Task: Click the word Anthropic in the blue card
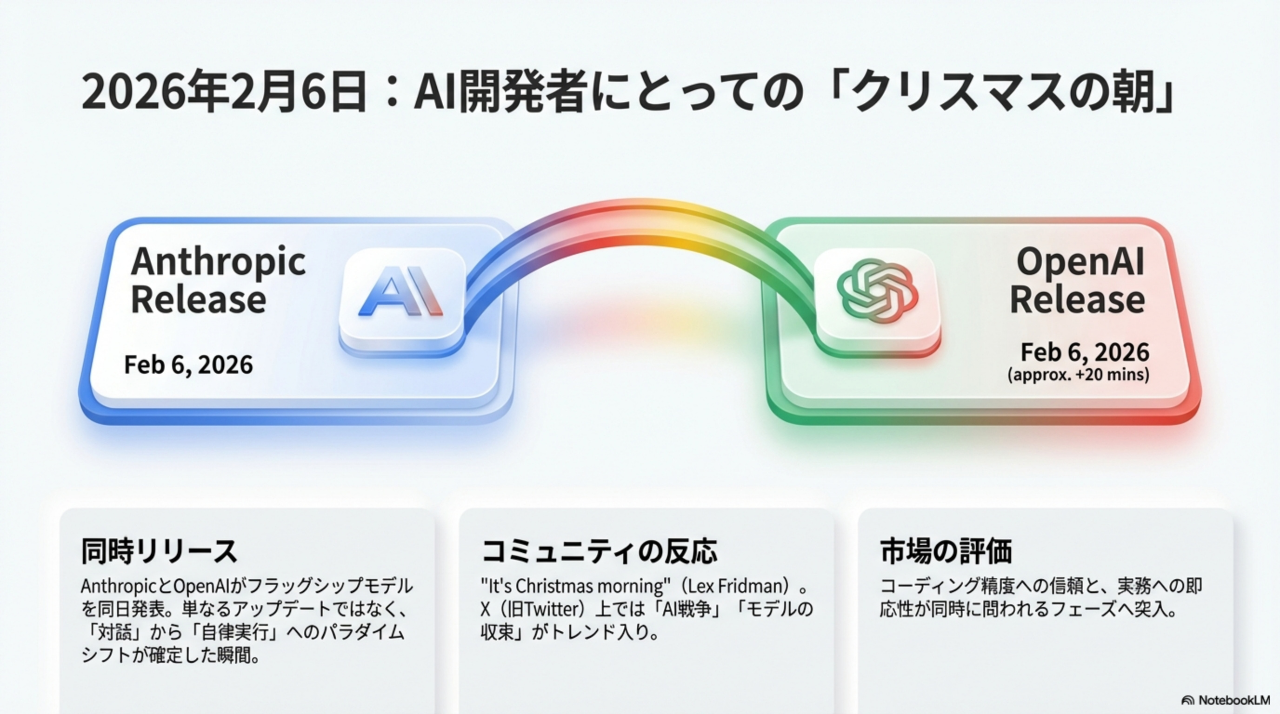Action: pyautogui.click(x=218, y=262)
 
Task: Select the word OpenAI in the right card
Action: pyautogui.click(x=1080, y=261)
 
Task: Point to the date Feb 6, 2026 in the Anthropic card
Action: pyautogui.click(x=188, y=365)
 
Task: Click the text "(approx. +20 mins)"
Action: pyautogui.click(x=1078, y=374)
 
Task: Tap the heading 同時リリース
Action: pyautogui.click(x=159, y=551)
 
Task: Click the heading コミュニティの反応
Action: pyautogui.click(x=599, y=551)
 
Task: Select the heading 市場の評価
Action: pyautogui.click(x=946, y=551)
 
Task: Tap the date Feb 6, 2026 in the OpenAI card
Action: pyautogui.click(x=1085, y=352)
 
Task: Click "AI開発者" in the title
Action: pyautogui.click(x=499, y=93)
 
